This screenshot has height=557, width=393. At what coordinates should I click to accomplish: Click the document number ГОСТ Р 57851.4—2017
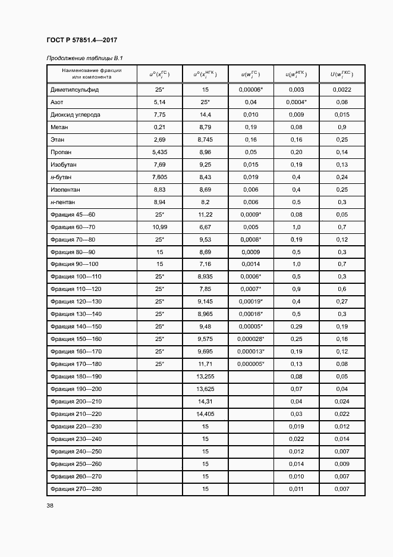click(81, 40)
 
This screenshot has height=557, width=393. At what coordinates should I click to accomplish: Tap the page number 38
click(49, 506)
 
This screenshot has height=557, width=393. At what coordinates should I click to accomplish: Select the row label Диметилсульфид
click(75, 89)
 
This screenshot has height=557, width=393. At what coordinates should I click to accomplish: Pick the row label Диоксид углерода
click(76, 114)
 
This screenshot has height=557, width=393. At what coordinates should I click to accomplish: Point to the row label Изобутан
click(64, 164)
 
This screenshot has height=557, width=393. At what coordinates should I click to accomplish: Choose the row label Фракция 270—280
click(76, 489)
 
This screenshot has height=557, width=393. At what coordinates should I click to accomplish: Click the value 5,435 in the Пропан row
click(159, 152)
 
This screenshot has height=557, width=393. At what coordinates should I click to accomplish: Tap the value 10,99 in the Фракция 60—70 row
click(159, 227)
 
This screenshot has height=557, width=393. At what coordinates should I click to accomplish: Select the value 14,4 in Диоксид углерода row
click(205, 114)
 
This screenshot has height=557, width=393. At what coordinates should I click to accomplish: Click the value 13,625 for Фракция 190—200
click(205, 389)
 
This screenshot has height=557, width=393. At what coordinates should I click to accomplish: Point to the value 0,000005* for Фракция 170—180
click(251, 364)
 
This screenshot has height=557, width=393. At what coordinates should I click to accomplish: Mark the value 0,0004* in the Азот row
click(296, 102)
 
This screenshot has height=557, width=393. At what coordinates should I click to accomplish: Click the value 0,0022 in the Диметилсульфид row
click(342, 89)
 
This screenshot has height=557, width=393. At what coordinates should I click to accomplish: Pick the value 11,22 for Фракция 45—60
click(205, 214)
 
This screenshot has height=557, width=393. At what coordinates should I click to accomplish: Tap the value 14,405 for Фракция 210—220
click(205, 414)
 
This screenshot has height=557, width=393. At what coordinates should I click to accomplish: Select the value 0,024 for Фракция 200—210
click(342, 401)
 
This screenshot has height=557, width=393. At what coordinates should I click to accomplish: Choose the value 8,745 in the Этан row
click(205, 139)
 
